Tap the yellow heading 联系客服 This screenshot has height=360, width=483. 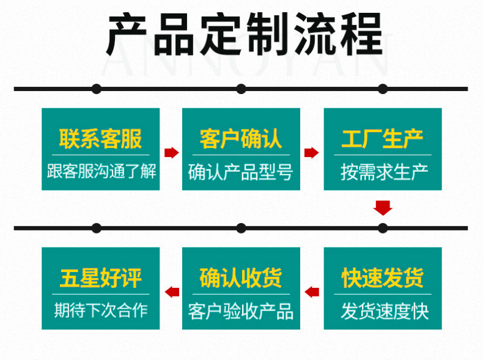tap(100, 139)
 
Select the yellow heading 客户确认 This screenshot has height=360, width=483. tap(241, 139)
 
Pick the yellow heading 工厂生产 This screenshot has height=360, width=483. tap(382, 139)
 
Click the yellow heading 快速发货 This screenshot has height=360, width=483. tap(382, 278)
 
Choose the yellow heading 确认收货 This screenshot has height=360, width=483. tap(241, 278)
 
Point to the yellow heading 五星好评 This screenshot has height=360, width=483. tap(100, 278)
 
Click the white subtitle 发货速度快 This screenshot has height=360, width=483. tap(382, 311)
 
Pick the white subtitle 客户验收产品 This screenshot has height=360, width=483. tap(241, 311)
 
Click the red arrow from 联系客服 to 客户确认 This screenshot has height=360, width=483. tap(171, 152)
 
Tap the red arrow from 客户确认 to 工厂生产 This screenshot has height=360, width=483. tap(312, 152)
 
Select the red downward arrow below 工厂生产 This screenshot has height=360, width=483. tap(383, 207)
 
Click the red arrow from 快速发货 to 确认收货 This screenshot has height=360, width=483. tap(312, 292)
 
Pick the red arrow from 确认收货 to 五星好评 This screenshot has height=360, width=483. tap(172, 292)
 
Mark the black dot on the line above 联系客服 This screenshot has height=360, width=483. tap(97, 89)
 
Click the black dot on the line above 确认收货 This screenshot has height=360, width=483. tap(241, 228)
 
